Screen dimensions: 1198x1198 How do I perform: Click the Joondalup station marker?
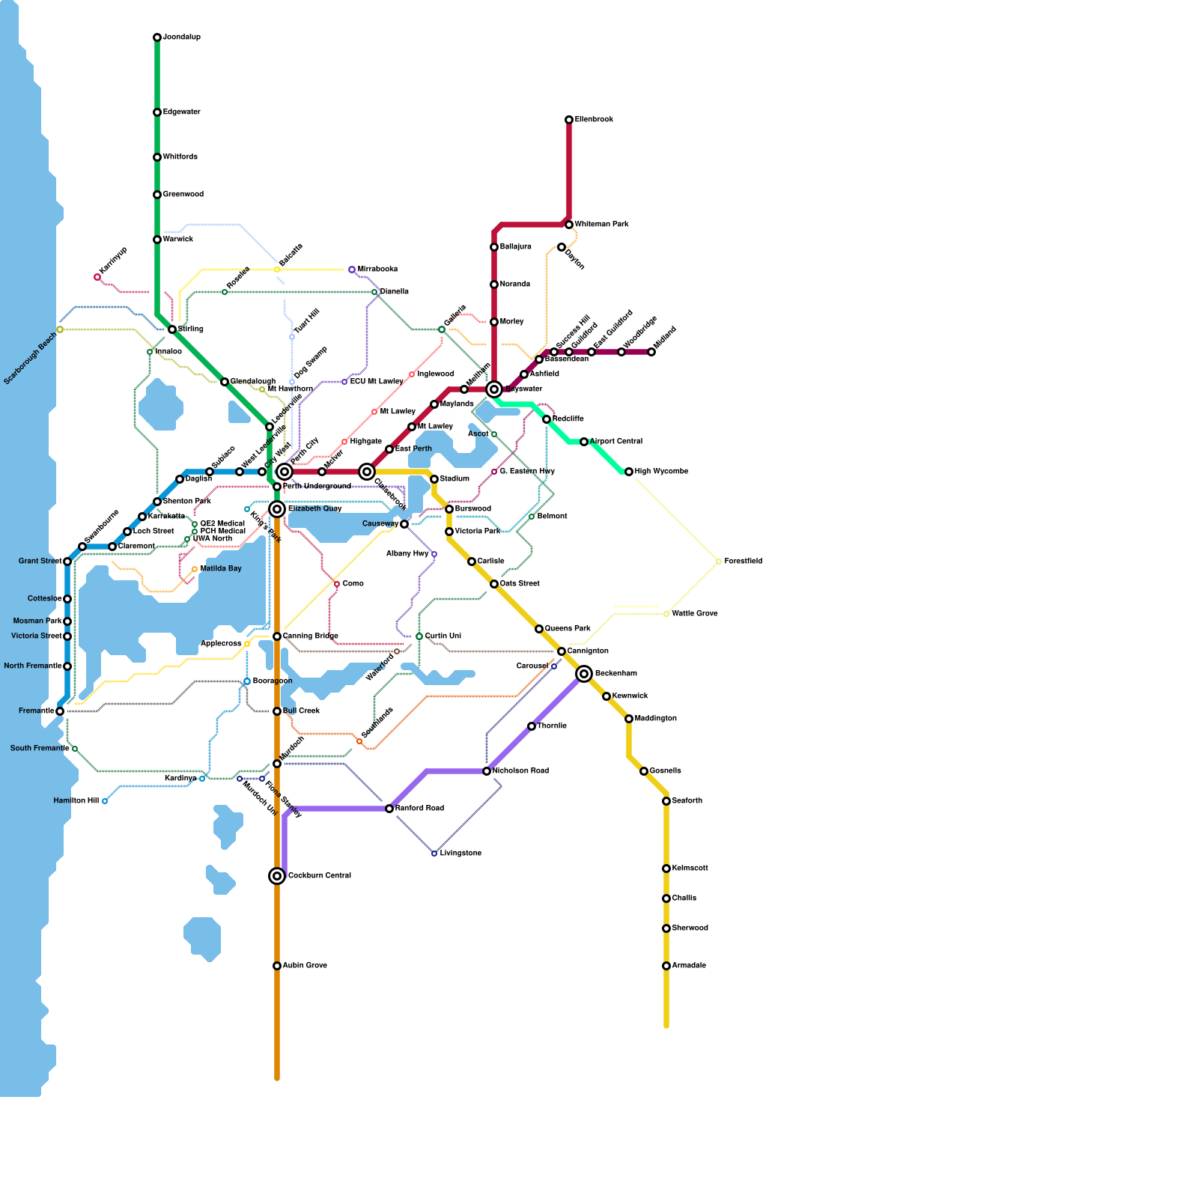tap(157, 37)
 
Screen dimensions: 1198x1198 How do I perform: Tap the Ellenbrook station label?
tap(594, 120)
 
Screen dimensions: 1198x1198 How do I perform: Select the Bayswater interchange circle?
tap(494, 389)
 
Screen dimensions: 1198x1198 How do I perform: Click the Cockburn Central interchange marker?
tap(277, 876)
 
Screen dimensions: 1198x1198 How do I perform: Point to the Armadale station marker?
tap(666, 966)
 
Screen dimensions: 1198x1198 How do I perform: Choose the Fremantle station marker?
tap(60, 711)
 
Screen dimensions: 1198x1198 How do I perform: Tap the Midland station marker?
tap(651, 352)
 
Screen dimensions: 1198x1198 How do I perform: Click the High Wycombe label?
tap(661, 472)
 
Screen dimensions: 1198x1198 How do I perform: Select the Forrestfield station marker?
tap(719, 562)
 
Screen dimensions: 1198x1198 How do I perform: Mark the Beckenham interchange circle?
tap(585, 674)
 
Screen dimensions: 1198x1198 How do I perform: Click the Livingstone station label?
tap(460, 854)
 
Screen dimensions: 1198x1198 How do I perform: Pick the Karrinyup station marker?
tap(97, 278)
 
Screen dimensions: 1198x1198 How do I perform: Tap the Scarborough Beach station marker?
tap(60, 329)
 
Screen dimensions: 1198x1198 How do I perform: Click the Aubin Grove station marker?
tap(277, 966)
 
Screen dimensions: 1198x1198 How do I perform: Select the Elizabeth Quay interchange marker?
tap(277, 509)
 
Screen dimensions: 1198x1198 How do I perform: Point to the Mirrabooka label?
tap(377, 270)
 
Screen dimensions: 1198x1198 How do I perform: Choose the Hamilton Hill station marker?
tap(105, 801)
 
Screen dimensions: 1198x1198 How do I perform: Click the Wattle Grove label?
tap(695, 614)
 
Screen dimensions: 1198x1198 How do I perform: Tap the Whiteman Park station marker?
tap(569, 225)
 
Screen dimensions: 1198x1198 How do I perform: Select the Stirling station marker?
tap(172, 329)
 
